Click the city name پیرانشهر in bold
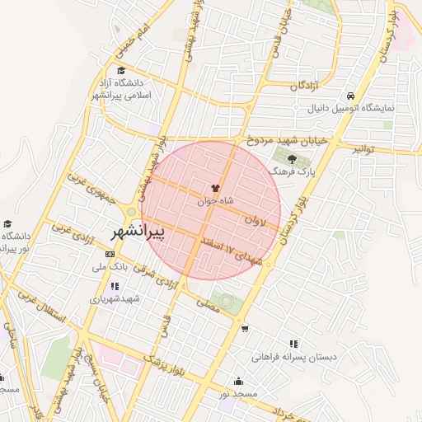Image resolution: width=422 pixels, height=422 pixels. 137,232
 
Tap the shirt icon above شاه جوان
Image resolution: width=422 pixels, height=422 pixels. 216,189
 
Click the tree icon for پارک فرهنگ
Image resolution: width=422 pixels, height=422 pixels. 293,159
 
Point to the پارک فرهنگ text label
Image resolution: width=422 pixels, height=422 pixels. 296,171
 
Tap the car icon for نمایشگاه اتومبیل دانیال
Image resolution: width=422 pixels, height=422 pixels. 351,96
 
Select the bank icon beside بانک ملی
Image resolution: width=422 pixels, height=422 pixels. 111,255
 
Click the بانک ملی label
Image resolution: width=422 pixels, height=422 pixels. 110,267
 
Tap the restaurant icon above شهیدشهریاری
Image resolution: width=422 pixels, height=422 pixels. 114,286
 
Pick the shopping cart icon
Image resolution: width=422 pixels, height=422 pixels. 245,329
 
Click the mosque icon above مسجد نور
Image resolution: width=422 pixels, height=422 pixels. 238,381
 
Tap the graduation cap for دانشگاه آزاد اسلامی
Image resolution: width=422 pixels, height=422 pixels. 122,71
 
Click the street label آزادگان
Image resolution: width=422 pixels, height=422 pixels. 305,85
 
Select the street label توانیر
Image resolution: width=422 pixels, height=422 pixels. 363,149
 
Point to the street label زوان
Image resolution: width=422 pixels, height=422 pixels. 256,221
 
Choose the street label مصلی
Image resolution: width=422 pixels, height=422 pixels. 208,303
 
